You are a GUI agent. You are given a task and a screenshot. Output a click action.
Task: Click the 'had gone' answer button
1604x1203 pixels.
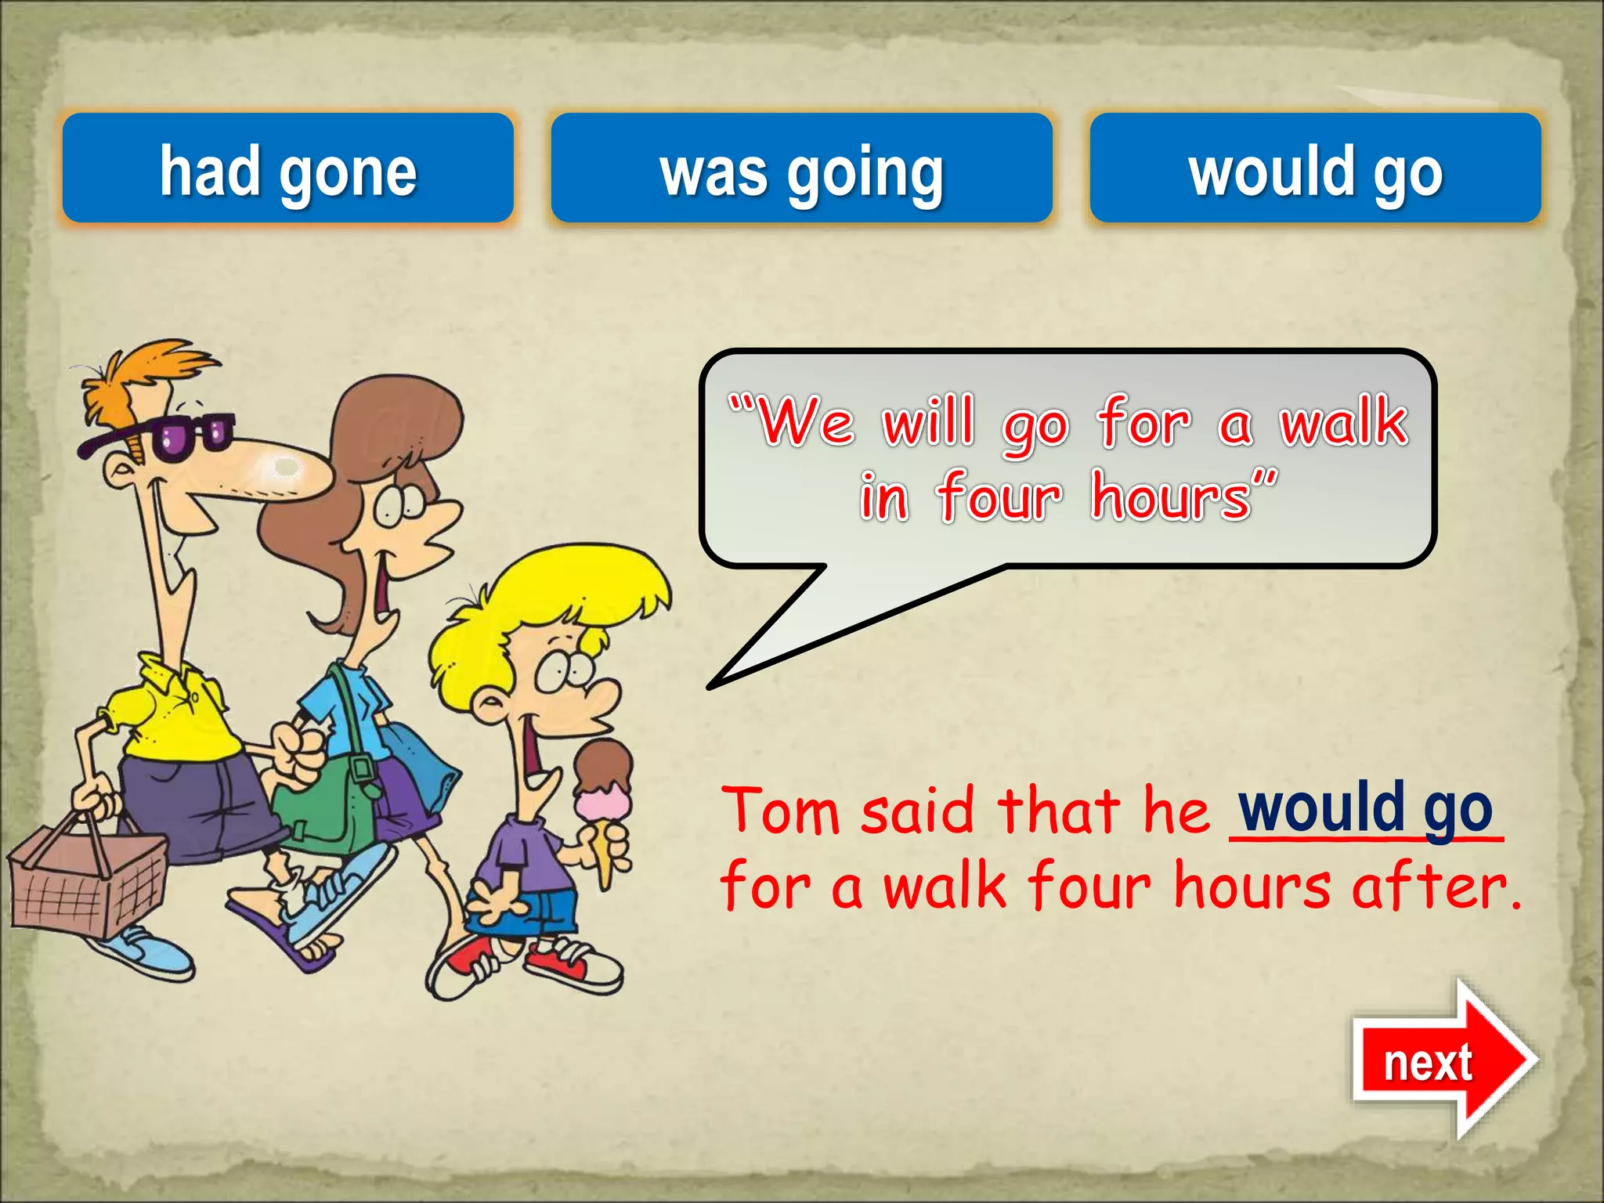pos(287,169)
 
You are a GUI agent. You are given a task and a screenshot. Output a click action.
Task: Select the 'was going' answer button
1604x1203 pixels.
pos(801,169)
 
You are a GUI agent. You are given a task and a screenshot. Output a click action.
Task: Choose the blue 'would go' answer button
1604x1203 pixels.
pos(1315,169)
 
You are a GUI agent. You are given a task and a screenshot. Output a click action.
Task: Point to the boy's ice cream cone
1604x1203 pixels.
pos(604,807)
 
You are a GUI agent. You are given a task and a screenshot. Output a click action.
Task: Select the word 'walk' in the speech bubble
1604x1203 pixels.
pos(1343,423)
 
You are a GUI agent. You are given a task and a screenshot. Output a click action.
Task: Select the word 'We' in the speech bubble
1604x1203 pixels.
pos(807,423)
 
